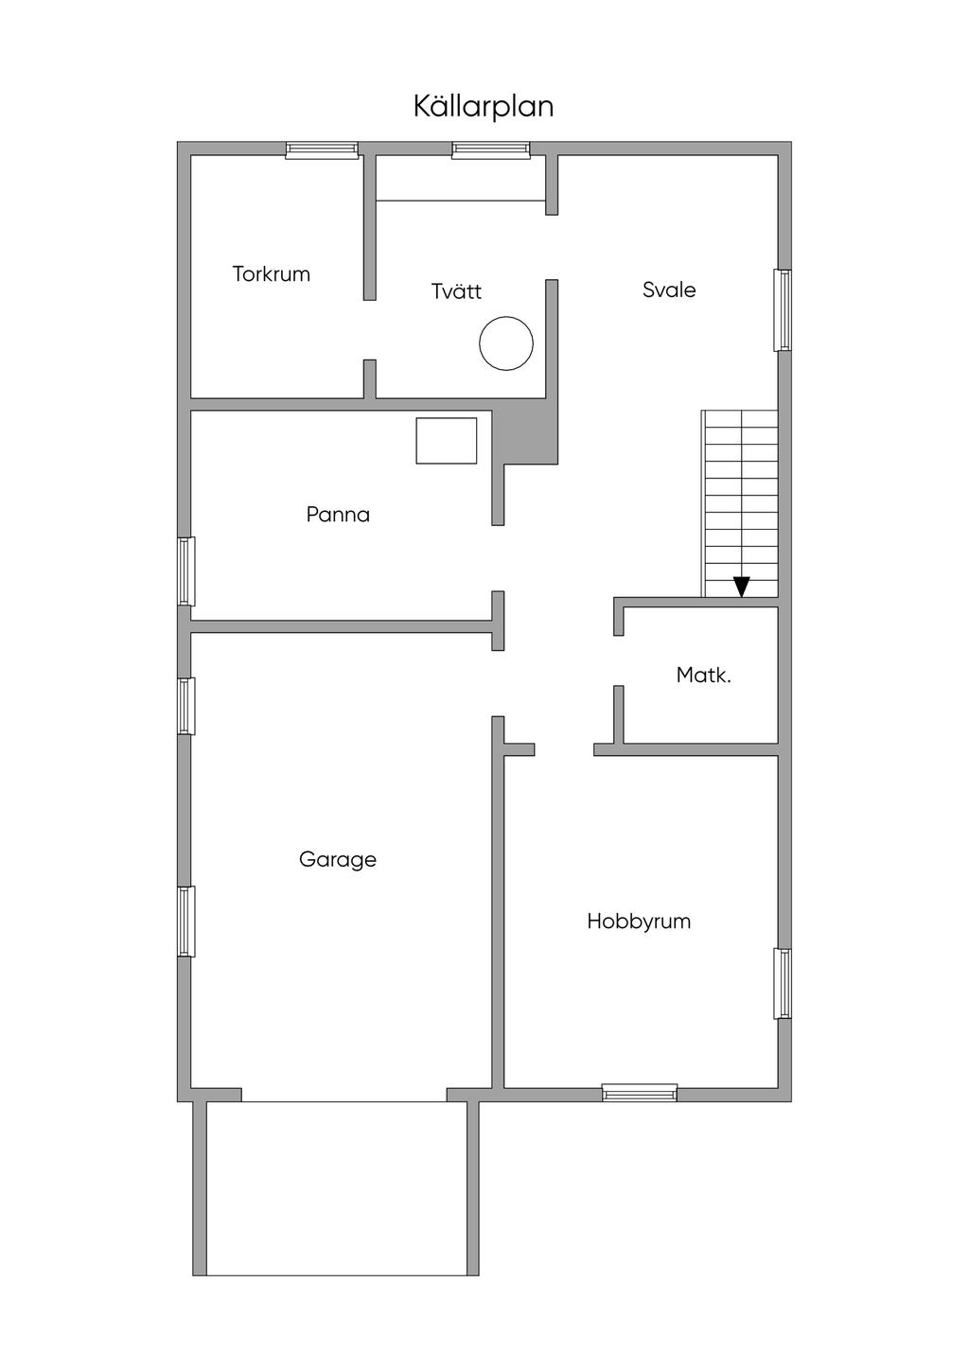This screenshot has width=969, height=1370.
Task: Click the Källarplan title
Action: point(484,106)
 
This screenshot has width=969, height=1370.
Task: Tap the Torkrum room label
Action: point(272,274)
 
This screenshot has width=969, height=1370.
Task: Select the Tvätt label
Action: point(457,291)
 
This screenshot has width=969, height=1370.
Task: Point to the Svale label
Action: point(669,290)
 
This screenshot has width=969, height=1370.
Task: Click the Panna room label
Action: point(338,515)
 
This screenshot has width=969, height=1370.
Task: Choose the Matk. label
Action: point(703,676)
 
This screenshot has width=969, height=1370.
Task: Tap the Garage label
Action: point(338,859)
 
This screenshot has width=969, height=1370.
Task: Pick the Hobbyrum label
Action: point(639,921)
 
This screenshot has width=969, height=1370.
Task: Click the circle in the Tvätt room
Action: point(506,343)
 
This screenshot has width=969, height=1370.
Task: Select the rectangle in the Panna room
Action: point(447,440)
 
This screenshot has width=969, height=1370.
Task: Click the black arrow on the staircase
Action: point(742,587)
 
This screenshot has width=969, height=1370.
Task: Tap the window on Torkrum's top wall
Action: point(323,149)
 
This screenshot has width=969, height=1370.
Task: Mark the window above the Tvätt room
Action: point(490,149)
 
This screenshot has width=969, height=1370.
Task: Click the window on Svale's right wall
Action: point(783,310)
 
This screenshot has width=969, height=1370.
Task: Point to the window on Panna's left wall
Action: point(186,571)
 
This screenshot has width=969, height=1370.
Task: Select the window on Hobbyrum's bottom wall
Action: point(640,1093)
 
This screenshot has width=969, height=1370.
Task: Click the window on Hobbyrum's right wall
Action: point(783,984)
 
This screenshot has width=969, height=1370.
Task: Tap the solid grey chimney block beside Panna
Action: point(530,435)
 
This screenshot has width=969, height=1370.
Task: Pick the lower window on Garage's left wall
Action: point(186,922)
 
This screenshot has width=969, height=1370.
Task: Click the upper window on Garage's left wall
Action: point(186,706)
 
